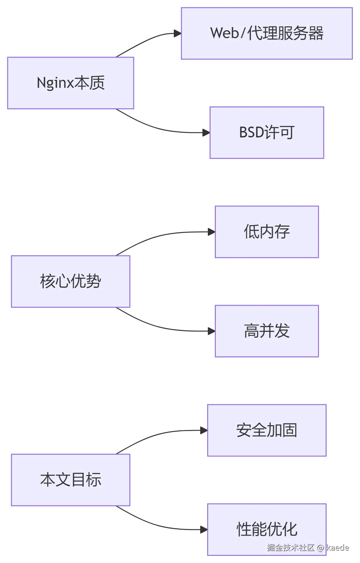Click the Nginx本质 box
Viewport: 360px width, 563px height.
[x=70, y=83]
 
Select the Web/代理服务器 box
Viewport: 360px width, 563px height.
[x=266, y=33]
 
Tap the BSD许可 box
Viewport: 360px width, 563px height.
[x=266, y=132]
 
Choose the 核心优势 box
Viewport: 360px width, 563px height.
[x=70, y=281]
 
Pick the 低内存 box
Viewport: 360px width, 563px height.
[x=266, y=232]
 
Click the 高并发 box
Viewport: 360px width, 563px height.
[x=266, y=331]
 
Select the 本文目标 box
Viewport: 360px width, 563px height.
[x=70, y=480]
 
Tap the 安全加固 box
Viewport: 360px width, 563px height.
[x=266, y=430]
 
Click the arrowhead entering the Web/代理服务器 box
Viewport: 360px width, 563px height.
[x=177, y=33]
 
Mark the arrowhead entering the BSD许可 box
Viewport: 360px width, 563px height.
[x=206, y=133]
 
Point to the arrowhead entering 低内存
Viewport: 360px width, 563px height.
[x=211, y=232]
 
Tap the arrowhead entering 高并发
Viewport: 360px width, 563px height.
[x=211, y=331]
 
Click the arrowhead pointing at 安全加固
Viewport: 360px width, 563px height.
[x=204, y=430]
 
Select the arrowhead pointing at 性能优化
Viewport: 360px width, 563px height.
[x=204, y=530]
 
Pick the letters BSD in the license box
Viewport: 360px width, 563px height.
[x=251, y=132]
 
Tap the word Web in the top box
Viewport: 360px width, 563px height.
[x=224, y=33]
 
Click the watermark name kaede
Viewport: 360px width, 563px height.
[x=338, y=547]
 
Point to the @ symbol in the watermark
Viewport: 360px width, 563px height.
[x=321, y=548]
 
